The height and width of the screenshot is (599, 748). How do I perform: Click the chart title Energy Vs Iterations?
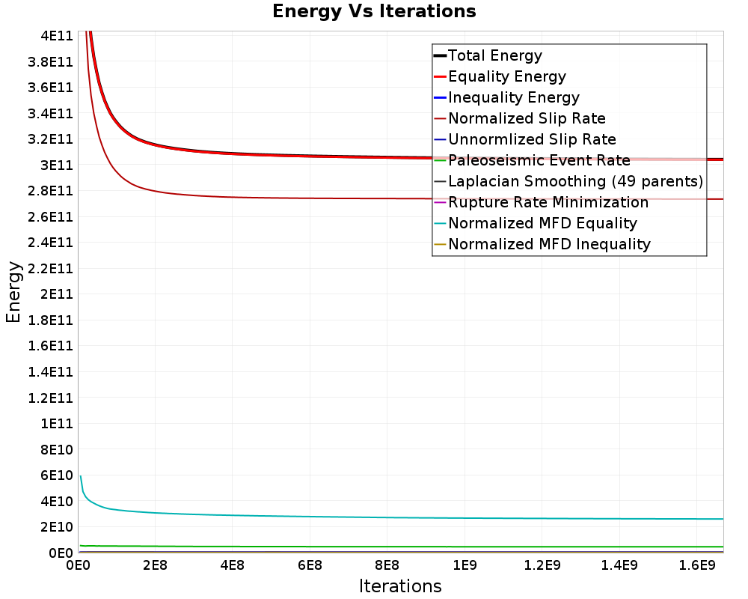tap(374, 11)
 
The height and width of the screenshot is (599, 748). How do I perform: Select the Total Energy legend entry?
tap(488, 55)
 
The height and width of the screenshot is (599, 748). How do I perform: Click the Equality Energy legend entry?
tap(500, 76)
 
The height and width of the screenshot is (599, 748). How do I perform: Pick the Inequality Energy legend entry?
tap(506, 97)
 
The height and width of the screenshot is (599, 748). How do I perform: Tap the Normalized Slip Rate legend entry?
tap(520, 118)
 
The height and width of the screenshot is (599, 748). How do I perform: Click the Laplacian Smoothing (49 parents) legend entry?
tap(568, 181)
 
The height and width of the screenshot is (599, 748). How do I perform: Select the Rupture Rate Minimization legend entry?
tap(542, 202)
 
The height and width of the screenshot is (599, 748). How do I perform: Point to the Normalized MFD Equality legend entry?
tap(536, 224)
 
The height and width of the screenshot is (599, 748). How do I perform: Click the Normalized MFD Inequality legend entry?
tap(542, 245)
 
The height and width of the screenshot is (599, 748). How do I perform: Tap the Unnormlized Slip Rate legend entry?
tap(525, 139)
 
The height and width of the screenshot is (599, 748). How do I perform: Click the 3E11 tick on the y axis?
tap(57, 165)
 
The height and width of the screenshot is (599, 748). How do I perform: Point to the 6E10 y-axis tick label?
tap(57, 475)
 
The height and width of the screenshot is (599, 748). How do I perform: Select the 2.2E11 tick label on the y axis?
tap(51, 269)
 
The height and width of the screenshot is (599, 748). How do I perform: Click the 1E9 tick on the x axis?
tap(465, 565)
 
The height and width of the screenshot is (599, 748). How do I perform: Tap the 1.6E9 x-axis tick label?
tap(697, 565)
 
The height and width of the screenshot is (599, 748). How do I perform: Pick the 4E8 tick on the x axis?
tap(233, 565)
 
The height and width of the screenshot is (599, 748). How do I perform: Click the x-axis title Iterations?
tap(400, 586)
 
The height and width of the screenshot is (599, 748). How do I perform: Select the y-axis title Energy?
tap(13, 292)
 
